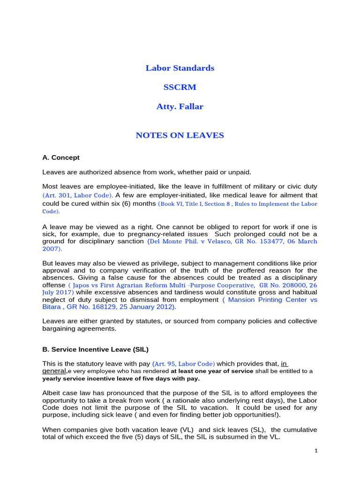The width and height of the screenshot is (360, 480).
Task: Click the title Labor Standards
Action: [180, 68]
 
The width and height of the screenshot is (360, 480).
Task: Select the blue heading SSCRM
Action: [180, 87]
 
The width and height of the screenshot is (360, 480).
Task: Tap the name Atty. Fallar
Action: [180, 106]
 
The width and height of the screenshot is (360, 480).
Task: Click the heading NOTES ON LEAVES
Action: [180, 135]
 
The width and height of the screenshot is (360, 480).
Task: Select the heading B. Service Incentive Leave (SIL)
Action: [96, 349]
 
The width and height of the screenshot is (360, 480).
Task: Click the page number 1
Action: [316, 451]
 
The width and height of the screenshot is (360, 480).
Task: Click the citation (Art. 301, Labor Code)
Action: [78, 195]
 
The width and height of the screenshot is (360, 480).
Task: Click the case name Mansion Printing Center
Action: [266, 300]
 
